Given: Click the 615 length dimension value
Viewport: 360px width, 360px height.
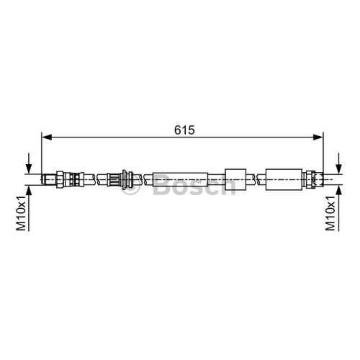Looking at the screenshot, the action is (x=184, y=130).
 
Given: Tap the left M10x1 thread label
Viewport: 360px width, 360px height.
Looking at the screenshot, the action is (x=21, y=213).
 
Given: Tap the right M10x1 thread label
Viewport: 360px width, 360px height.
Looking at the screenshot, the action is (x=330, y=213).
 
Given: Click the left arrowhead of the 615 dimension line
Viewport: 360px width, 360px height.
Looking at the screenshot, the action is (x=47, y=138).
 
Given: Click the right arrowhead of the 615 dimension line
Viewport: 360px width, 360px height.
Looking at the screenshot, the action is (x=318, y=138).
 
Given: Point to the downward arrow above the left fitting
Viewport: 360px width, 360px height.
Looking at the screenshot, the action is (x=29, y=163).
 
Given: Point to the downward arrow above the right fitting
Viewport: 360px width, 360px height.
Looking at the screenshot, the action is (x=338, y=163).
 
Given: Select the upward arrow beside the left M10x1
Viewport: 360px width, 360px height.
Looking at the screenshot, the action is (x=29, y=208).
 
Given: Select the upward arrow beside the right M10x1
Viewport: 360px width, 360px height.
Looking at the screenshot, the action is (x=338, y=208).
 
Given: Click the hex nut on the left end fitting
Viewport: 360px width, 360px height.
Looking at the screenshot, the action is (x=60, y=179).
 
